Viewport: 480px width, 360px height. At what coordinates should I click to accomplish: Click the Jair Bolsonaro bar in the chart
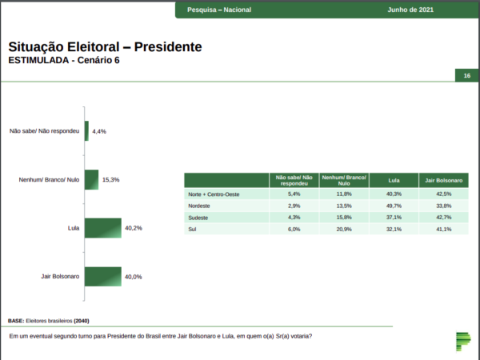(103, 277)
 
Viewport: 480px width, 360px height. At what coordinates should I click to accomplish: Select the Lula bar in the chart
(103, 228)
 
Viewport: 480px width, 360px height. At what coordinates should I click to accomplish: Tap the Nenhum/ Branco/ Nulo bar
(91, 180)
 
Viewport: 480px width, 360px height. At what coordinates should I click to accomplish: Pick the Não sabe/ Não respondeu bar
(86, 131)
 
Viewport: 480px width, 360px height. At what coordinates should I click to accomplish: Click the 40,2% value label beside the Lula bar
(134, 228)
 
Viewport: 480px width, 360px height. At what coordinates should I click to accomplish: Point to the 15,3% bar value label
(111, 180)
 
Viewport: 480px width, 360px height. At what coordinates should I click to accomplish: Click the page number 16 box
(467, 76)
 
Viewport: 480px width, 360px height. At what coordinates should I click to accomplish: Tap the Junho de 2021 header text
(410, 10)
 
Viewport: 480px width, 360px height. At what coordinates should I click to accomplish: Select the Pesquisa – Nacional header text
(219, 10)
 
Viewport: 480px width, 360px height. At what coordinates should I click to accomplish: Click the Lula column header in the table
(394, 180)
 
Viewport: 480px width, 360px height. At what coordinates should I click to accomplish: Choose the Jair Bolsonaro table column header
(443, 180)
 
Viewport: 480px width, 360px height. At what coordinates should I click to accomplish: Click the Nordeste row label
(199, 206)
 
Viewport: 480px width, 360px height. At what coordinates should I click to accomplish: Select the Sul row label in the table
(192, 230)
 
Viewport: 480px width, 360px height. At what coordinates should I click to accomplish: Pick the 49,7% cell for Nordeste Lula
(394, 206)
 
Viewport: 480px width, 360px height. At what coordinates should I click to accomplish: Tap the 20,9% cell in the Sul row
(344, 230)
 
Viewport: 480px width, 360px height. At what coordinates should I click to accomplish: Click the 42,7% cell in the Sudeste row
(443, 218)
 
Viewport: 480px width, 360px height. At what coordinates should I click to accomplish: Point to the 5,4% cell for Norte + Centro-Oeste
(294, 194)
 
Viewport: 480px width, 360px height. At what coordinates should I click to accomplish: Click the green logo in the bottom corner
(463, 342)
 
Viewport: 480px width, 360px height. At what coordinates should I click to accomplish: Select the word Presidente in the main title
(168, 47)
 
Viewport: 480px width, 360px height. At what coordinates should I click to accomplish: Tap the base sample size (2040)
(82, 321)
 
